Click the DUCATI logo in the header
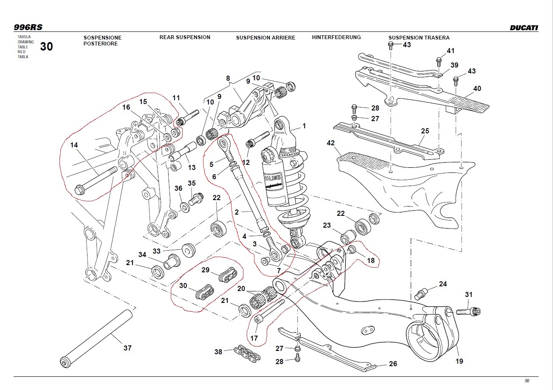pos(524,28)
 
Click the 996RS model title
pos(28,27)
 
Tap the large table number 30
pos(47,47)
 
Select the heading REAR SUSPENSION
pos(185,37)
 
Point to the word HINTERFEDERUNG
pos(336,37)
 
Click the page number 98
pos(527,381)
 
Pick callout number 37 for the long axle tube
pos(127,348)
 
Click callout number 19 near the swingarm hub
pos(459,361)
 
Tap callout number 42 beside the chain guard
pos(331,143)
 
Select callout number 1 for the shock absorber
pos(304,126)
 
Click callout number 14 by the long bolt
pos(74,145)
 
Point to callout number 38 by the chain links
pos(218,351)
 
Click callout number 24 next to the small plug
pos(443,284)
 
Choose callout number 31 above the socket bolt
pos(468,294)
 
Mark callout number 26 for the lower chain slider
pos(393,364)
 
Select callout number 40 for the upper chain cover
pos(477,88)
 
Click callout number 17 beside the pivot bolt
pos(254,338)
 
